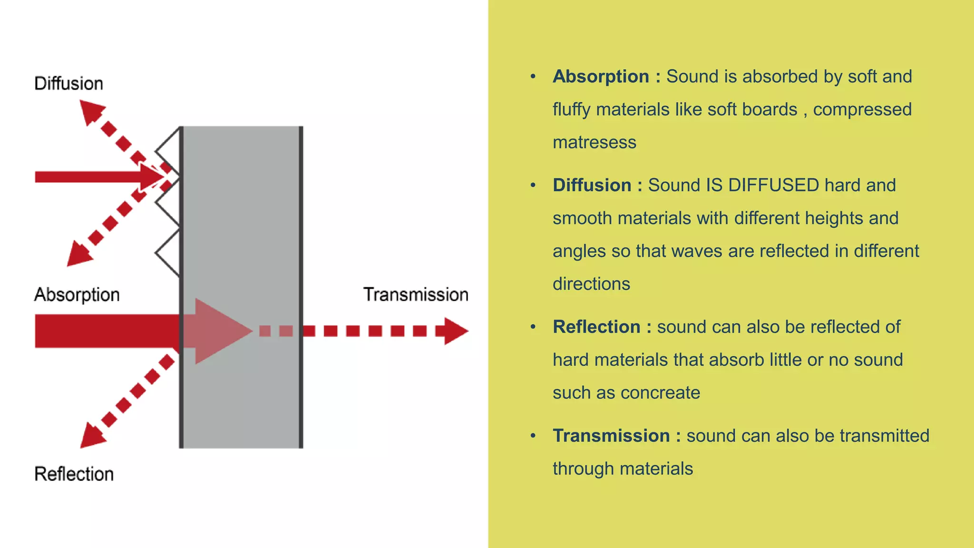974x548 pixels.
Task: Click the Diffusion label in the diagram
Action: click(x=68, y=84)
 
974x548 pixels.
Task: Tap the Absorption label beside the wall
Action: click(x=77, y=295)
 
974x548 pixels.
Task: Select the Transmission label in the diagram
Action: click(x=416, y=295)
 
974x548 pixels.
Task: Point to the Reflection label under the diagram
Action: click(x=74, y=474)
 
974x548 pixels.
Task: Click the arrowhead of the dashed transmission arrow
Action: click(x=454, y=331)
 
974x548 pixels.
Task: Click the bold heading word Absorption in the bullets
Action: click(x=601, y=77)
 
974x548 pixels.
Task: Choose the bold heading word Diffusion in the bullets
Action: click(x=592, y=186)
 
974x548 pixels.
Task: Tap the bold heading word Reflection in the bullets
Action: click(x=596, y=327)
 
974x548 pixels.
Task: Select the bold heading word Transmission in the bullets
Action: click(x=611, y=436)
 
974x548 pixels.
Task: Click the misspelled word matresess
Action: click(x=594, y=143)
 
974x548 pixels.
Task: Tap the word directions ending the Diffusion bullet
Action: click(x=591, y=284)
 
